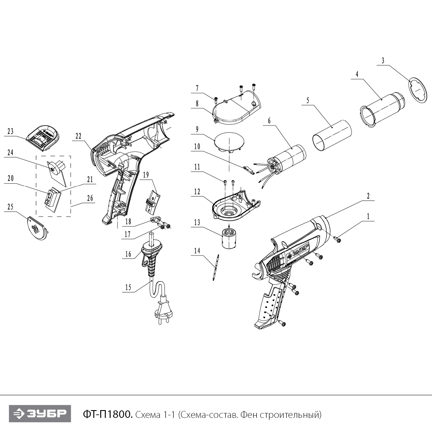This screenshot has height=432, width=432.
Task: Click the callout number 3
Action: tap(383, 61)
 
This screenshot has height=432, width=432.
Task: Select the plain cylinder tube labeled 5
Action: tap(332, 135)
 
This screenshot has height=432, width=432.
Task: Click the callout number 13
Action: tap(197, 223)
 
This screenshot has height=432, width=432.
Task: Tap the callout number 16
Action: tap(128, 254)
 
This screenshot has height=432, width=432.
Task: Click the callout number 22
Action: tap(79, 136)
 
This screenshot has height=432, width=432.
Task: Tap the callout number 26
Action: tap(90, 198)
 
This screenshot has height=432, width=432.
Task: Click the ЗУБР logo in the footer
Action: tap(40, 414)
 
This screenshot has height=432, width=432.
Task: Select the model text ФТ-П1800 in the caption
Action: tap(108, 414)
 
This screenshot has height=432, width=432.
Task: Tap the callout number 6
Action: tap(269, 121)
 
